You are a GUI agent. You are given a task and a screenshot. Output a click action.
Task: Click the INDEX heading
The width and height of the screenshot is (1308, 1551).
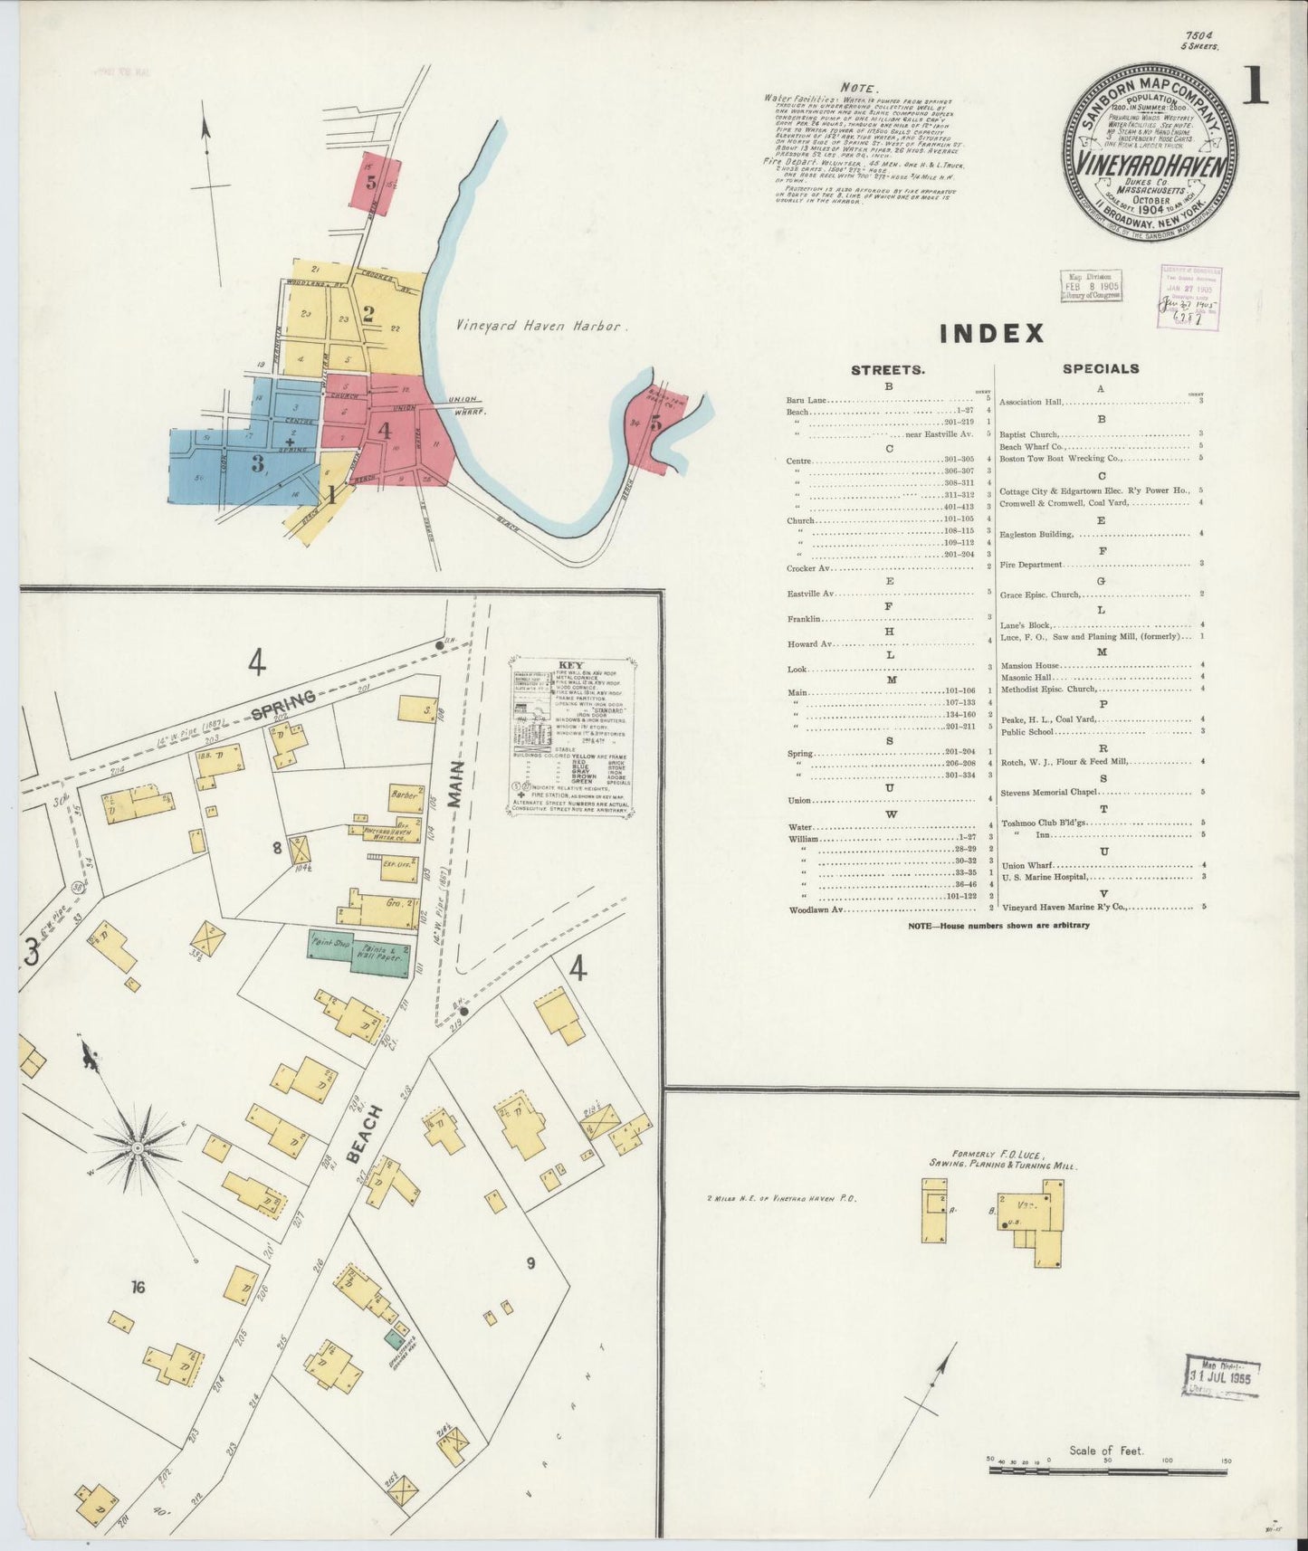pyautogui.click(x=991, y=334)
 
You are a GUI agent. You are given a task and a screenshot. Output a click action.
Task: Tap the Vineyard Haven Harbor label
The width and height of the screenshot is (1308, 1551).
pyautogui.click(x=539, y=326)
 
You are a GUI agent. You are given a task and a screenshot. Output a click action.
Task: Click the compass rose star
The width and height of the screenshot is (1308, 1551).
pyautogui.click(x=138, y=1147)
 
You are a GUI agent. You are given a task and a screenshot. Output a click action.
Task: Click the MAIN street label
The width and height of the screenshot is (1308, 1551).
pyautogui.click(x=455, y=784)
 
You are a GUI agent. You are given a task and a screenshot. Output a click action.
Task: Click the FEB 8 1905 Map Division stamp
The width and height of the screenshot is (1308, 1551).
pyautogui.click(x=1091, y=285)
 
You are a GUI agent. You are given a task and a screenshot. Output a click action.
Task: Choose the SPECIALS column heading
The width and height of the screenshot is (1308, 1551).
pyautogui.click(x=1101, y=369)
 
